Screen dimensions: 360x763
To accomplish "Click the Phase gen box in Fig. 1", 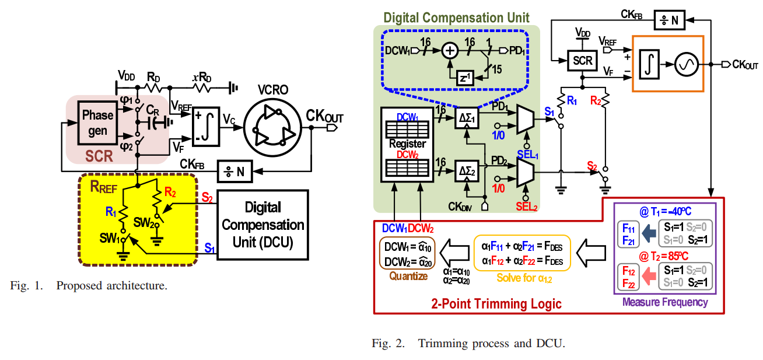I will pyautogui.click(x=97, y=123).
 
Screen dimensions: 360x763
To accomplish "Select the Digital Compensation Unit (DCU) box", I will pyautogui.click(x=262, y=225).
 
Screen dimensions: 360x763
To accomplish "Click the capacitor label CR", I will pyautogui.click(x=153, y=110).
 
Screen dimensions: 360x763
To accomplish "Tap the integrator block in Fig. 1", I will pyautogui.click(x=206, y=127).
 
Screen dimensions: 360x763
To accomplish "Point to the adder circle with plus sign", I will pyautogui.click(x=449, y=51).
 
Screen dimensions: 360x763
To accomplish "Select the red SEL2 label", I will pyautogui.click(x=526, y=206).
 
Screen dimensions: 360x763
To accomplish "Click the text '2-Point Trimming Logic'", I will pyautogui.click(x=496, y=303).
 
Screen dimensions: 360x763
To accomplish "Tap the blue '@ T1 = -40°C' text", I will pyautogui.click(x=666, y=211).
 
